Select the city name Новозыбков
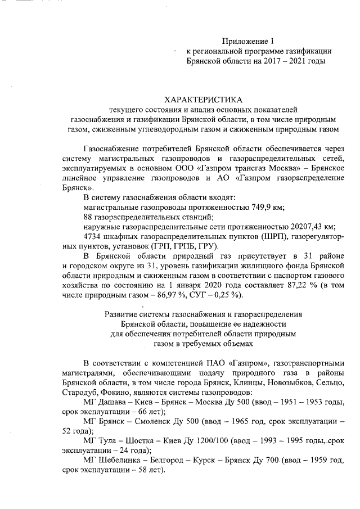(x=250, y=382)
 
